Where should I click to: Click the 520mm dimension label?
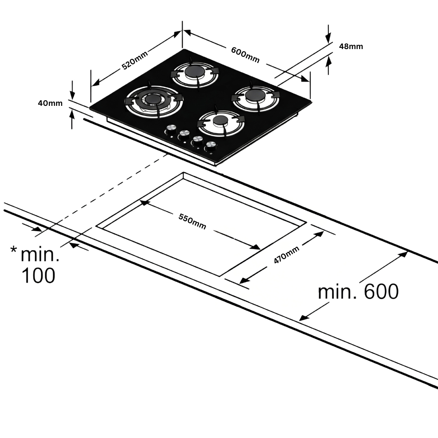click(x=135, y=60)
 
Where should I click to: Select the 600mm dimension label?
click(x=245, y=55)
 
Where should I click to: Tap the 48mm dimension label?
click(x=351, y=46)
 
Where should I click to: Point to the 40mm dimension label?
click(x=50, y=103)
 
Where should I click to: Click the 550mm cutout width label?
click(x=192, y=221)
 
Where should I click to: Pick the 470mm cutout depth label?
click(x=286, y=255)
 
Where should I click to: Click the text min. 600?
click(x=358, y=292)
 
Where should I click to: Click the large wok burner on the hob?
click(x=154, y=101)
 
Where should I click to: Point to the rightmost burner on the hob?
click(x=255, y=96)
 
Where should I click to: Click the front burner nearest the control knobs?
click(x=221, y=120)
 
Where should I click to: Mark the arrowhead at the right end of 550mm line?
click(x=255, y=247)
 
